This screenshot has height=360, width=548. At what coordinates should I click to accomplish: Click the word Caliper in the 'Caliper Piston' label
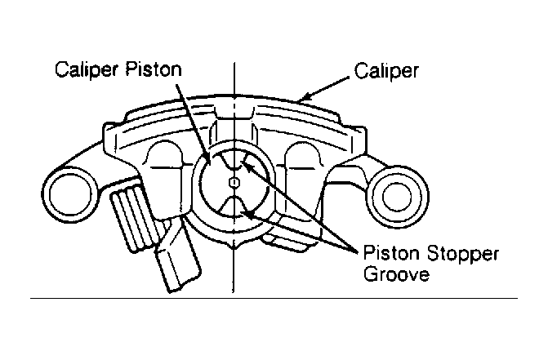coord(86,69)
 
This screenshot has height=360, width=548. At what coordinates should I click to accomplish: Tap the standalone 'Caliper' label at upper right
coord(386,71)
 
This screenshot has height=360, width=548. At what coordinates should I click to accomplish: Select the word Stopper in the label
coord(463,254)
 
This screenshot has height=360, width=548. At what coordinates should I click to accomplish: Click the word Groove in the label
coord(396,273)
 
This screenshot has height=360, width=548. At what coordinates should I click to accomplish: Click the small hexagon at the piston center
coord(234,182)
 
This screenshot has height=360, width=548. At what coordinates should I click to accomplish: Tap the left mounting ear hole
coord(71,194)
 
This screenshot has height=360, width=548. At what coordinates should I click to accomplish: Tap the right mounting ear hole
coord(397,196)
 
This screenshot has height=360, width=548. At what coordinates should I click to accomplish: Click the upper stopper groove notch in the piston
coord(233,160)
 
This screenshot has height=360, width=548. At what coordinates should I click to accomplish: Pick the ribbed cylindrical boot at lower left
coord(133,217)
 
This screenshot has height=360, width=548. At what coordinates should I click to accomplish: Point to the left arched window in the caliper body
coord(165,153)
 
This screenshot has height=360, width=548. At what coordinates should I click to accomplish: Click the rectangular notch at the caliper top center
coord(234,112)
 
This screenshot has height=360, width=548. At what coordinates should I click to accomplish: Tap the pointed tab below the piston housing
coord(234,244)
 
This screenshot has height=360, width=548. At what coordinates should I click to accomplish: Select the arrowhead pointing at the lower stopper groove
coord(246,212)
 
